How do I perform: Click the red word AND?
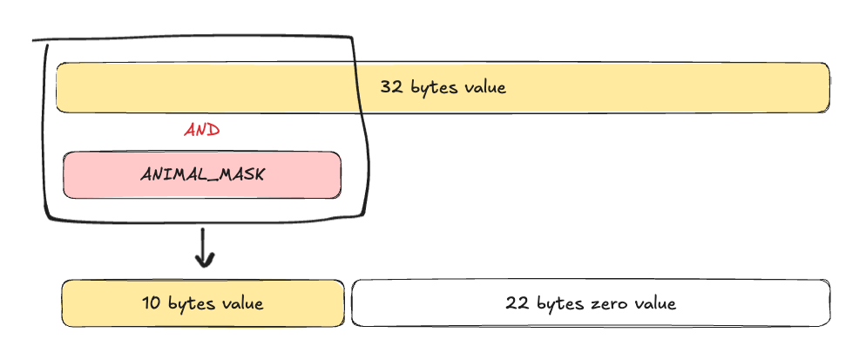pos(202,131)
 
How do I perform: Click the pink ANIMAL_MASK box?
pos(202,174)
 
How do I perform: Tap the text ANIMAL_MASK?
pos(202,174)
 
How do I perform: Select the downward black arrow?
pos(205,248)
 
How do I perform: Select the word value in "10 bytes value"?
pos(242,303)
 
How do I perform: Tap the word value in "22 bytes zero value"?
pos(655,303)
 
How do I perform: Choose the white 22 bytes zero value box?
pos(591,303)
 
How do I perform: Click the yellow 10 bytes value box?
pos(203,303)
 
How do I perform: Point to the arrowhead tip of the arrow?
pos(205,268)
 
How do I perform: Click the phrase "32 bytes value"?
pos(443,87)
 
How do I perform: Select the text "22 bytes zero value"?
pos(591,303)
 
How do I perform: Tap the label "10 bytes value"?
pos(203,303)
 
